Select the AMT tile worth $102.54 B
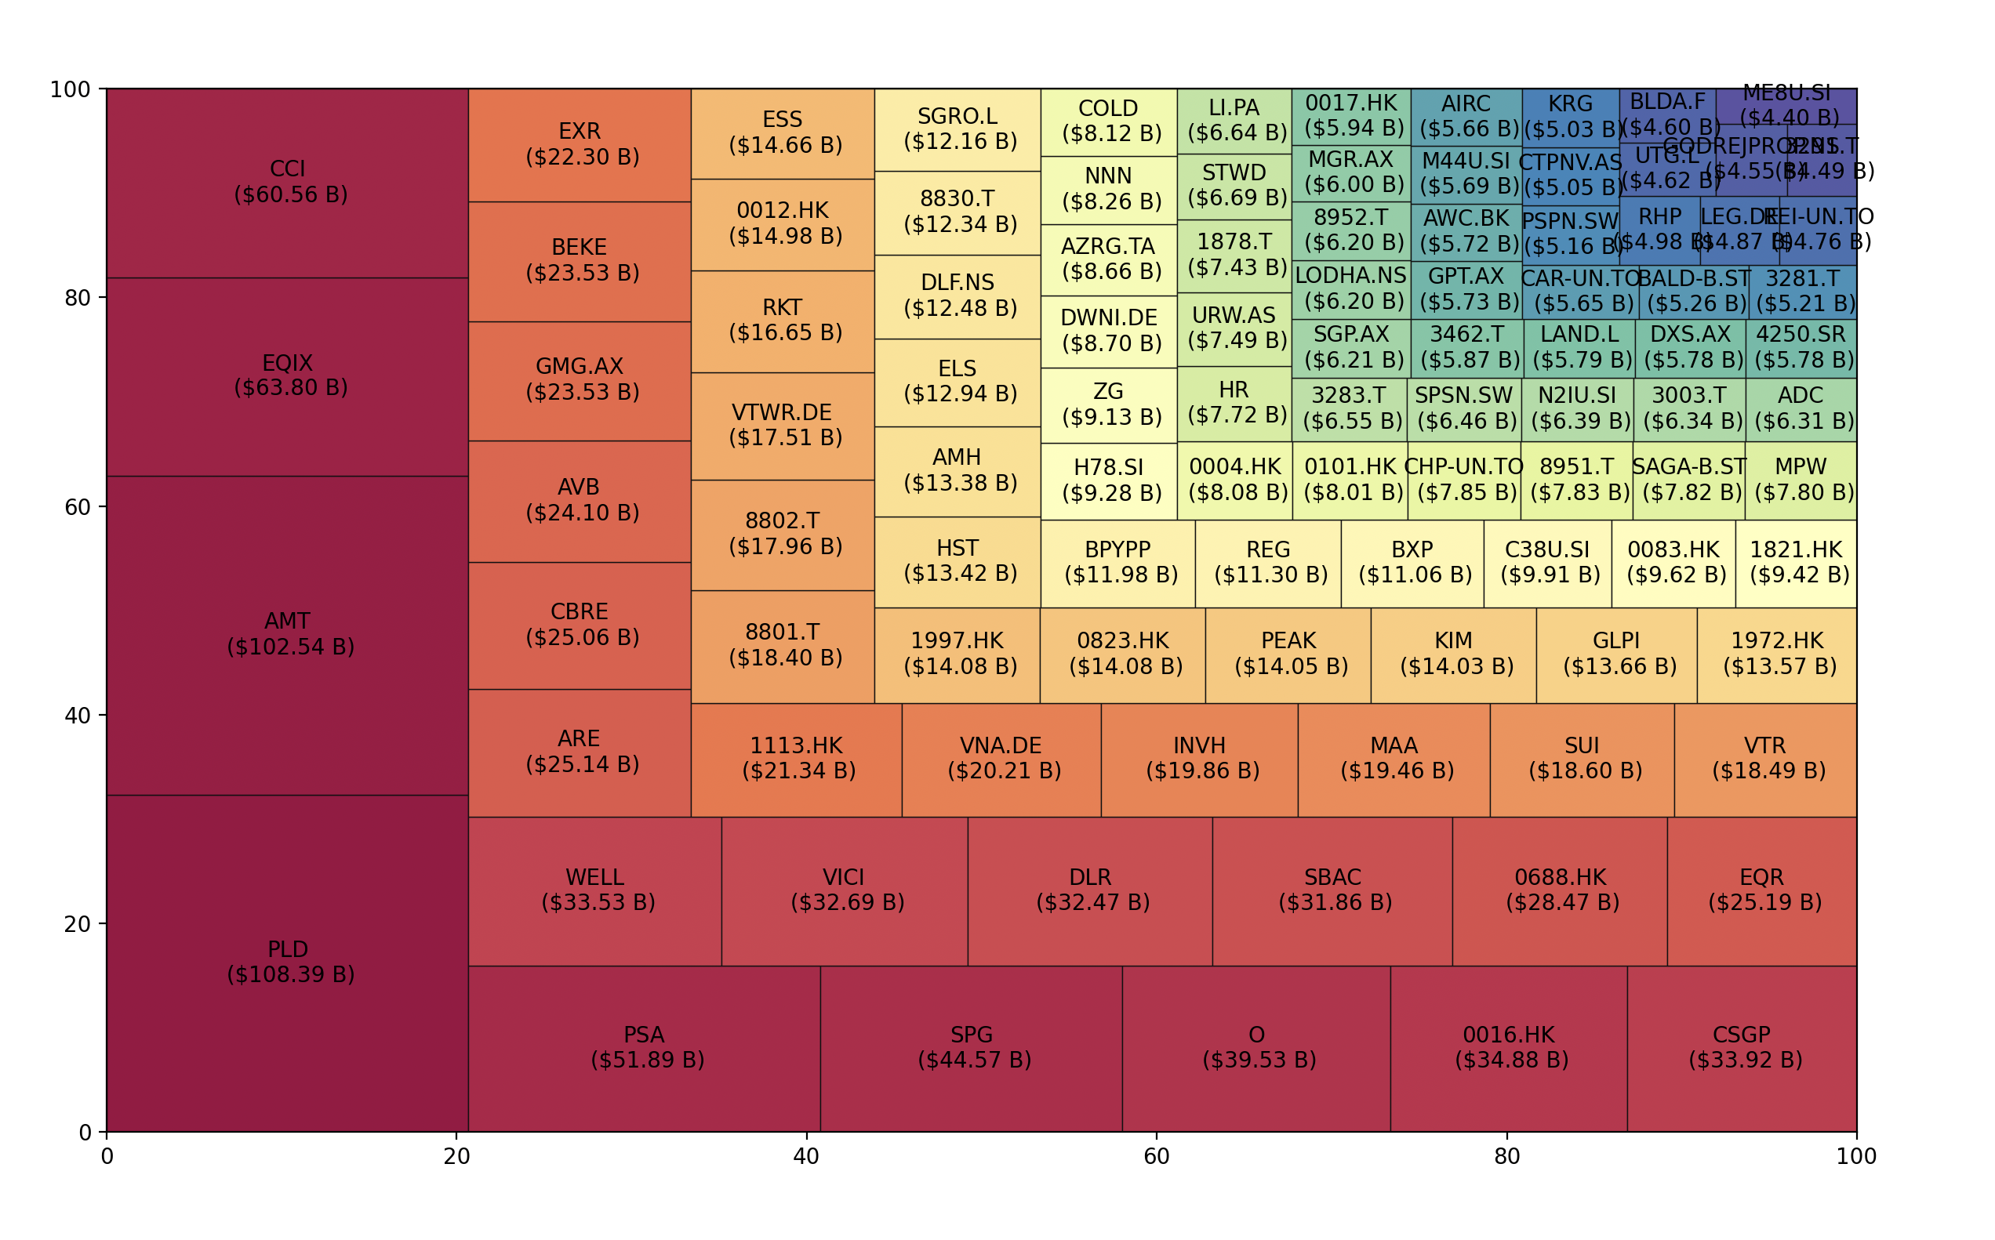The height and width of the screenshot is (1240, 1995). (287, 636)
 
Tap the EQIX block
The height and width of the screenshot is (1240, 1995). (287, 377)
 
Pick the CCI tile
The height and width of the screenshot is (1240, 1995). (287, 183)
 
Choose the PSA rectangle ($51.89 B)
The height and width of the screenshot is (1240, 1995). (644, 1049)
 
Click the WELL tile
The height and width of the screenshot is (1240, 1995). (594, 891)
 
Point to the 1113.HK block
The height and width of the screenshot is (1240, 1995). (796, 760)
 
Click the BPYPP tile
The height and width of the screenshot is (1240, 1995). (1117, 564)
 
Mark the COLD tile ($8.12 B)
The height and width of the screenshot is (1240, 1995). (1108, 122)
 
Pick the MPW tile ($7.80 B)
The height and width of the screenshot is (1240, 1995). (1801, 480)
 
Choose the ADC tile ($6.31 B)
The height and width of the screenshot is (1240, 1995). (1801, 409)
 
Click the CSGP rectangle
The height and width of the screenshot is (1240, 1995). (1742, 1049)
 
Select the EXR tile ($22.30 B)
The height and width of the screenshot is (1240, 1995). (580, 145)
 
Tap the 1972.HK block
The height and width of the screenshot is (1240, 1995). (1777, 654)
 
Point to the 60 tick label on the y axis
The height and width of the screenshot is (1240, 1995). (77, 508)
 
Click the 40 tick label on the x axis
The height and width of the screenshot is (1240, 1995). (806, 1157)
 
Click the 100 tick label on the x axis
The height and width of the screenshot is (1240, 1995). (1855, 1157)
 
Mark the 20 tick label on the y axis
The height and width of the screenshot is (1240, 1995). (77, 924)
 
